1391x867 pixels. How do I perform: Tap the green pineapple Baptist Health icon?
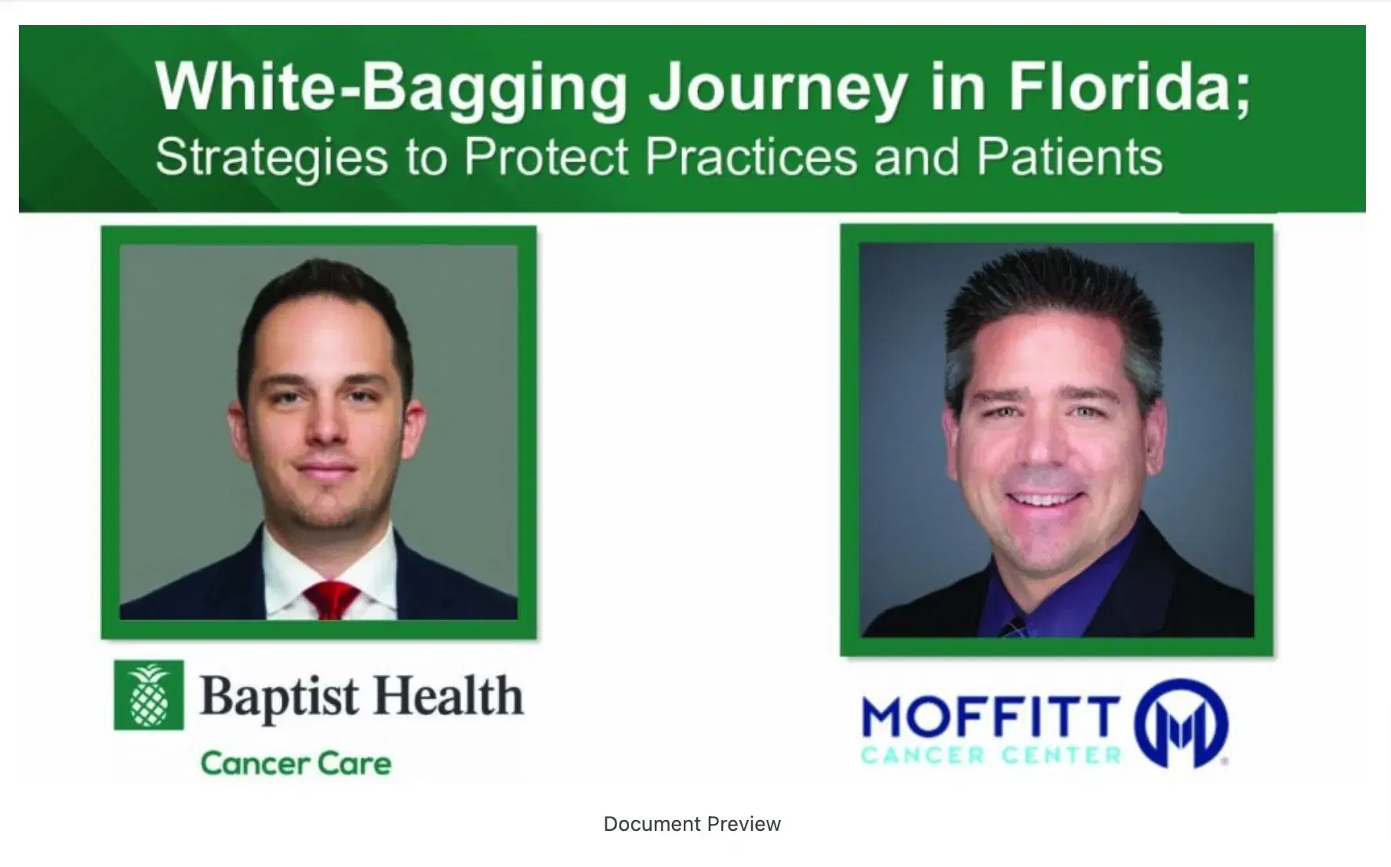149,695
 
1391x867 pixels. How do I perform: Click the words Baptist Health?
361,696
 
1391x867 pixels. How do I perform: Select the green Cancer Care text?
296,763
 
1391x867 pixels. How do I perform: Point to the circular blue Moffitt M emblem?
1182,722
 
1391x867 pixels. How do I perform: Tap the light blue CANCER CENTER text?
991,756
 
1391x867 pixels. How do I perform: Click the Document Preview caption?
692,824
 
